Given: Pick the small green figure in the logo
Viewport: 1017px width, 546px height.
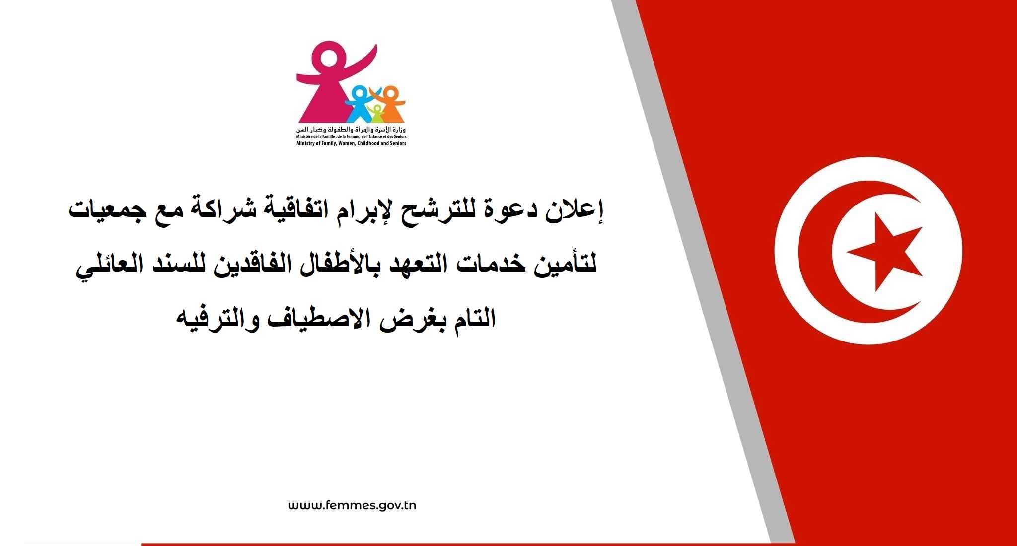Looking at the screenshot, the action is [x=377, y=114].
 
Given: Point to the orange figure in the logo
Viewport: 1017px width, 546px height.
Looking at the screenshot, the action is [x=390, y=103].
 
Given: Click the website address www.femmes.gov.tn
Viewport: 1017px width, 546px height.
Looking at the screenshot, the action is [x=352, y=506].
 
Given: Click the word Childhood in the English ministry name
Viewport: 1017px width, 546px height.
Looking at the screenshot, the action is [x=367, y=143].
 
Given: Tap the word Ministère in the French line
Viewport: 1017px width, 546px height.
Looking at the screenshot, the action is [x=304, y=136].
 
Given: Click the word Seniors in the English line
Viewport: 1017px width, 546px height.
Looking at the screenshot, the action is [x=398, y=143].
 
